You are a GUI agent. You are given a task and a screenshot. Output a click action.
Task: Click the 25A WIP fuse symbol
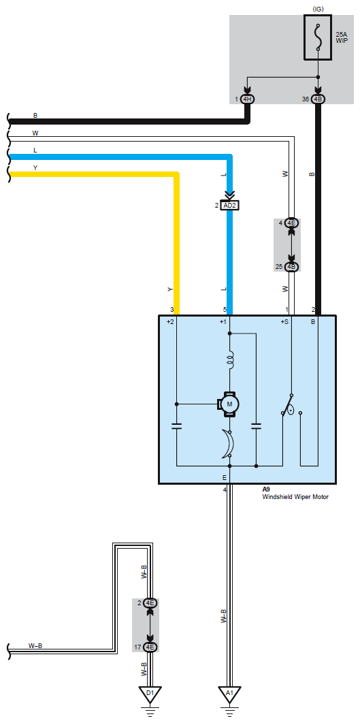(x=318, y=37)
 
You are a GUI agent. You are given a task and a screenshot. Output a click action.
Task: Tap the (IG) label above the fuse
(x=318, y=9)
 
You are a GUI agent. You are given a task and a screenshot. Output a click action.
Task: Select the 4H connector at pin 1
(x=247, y=99)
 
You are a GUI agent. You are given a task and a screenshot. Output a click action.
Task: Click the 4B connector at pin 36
(x=318, y=99)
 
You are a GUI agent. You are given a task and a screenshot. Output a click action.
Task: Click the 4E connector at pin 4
(x=291, y=223)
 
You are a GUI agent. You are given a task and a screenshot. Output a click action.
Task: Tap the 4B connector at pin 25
(x=291, y=266)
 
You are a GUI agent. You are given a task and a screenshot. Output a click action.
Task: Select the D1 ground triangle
(x=150, y=694)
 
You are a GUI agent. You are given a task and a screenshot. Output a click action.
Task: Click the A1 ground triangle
(x=229, y=694)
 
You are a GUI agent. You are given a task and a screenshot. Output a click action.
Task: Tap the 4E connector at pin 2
(x=150, y=603)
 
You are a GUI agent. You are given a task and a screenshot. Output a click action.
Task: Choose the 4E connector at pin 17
(x=150, y=647)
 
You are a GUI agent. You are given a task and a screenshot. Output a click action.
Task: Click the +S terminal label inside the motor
(x=284, y=322)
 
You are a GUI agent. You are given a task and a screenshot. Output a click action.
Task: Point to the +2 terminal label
(x=170, y=322)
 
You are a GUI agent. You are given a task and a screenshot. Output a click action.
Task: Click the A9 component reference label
(x=266, y=489)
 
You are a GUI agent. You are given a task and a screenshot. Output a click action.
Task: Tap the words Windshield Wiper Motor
(x=295, y=497)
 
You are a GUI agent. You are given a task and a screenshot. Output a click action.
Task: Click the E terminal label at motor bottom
(x=225, y=478)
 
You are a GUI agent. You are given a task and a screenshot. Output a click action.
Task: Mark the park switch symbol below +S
(x=291, y=406)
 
